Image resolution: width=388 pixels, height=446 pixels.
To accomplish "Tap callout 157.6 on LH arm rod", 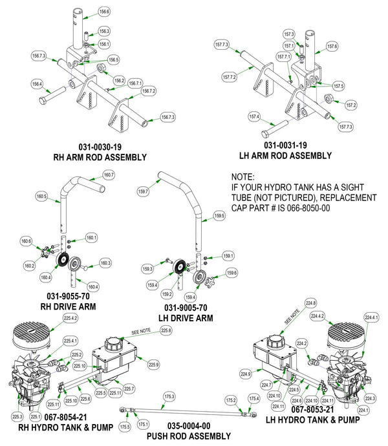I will [333, 46].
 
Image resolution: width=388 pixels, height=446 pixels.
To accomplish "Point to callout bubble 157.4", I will [255, 117].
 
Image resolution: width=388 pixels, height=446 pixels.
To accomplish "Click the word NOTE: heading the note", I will [243, 176].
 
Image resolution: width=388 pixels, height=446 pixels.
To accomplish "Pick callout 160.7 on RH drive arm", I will [109, 175].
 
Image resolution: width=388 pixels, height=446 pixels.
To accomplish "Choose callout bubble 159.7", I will [144, 191].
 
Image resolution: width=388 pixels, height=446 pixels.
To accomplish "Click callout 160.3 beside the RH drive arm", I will [105, 263].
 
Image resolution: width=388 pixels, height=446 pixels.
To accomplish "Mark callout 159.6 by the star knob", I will [231, 273].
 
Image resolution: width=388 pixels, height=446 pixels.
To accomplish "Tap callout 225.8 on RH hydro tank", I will [166, 331].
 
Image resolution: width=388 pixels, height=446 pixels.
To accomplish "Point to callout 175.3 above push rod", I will [170, 396].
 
